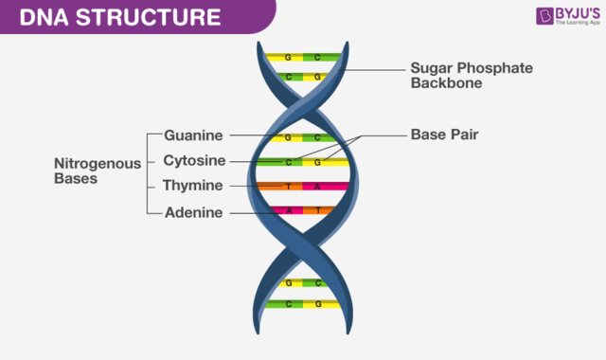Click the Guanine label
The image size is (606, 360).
click(193, 136)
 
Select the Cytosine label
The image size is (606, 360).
click(193, 160)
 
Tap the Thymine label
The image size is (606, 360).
click(193, 186)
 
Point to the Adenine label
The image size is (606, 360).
click(193, 212)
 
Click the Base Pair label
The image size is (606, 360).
click(444, 135)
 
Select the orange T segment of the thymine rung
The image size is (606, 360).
click(287, 187)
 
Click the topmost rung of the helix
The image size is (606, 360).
click(303, 57)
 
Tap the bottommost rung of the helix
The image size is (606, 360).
click(303, 304)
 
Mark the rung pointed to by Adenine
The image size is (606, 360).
click(303, 210)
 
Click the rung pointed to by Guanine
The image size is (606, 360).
click(303, 137)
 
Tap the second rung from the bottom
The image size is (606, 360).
click(303, 282)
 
